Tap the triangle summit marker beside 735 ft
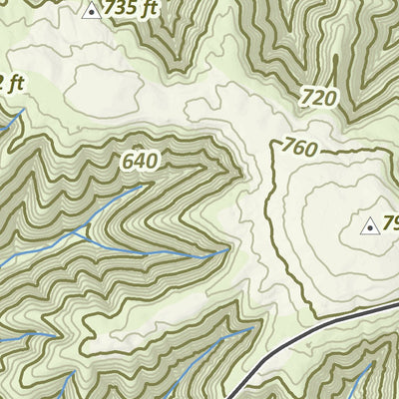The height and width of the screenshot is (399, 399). [x=92, y=11]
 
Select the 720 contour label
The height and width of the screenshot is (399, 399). [x=319, y=97]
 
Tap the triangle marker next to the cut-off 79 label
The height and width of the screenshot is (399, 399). [x=370, y=226]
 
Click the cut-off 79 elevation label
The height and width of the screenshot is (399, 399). [x=391, y=222]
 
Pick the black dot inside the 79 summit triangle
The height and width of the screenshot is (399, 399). [x=370, y=228]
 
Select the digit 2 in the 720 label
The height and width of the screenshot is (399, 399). [x=319, y=97]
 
